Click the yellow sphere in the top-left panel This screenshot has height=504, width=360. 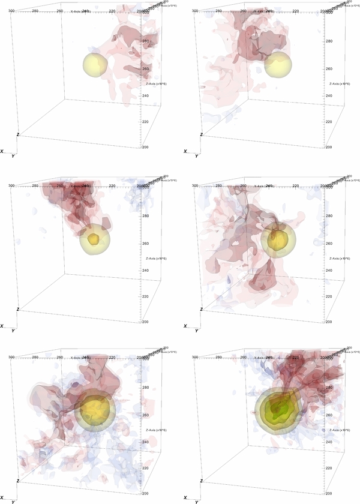[96, 65]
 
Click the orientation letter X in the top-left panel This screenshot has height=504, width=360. [3, 151]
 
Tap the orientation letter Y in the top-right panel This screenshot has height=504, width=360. [196, 156]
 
